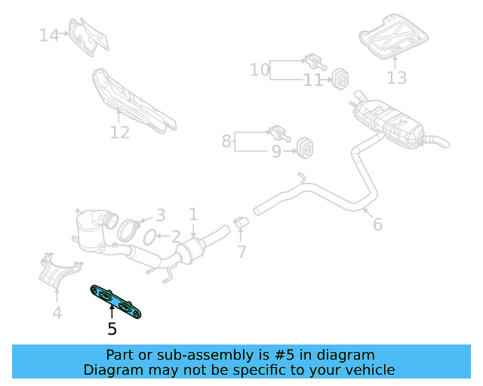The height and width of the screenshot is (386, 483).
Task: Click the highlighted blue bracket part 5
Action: (x=117, y=302)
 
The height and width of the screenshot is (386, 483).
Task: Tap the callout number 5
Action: (x=112, y=329)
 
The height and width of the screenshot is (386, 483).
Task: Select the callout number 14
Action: (x=49, y=35)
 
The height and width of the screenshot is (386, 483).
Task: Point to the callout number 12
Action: (x=120, y=133)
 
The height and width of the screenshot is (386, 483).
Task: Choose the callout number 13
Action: (x=397, y=77)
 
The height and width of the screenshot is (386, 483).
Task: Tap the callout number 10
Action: (x=260, y=70)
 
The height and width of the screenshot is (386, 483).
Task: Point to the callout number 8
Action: (x=226, y=140)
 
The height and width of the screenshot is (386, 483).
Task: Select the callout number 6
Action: (x=377, y=224)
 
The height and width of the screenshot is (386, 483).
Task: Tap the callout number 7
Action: (x=241, y=252)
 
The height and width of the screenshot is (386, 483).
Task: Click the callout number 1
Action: (x=193, y=214)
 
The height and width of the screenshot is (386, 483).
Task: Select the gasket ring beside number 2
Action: (x=149, y=238)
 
